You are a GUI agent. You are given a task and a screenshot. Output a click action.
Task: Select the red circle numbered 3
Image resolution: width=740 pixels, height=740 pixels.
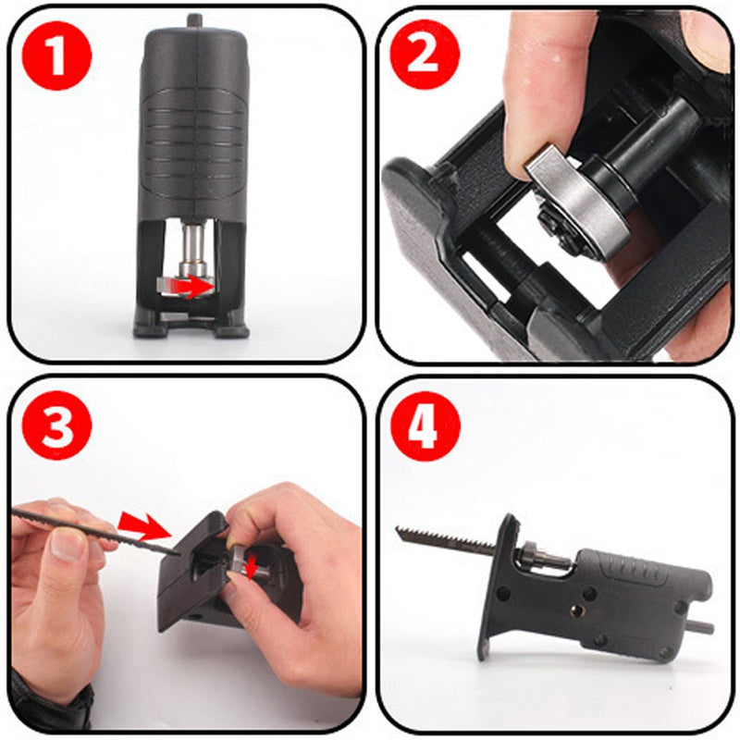tap(56, 426)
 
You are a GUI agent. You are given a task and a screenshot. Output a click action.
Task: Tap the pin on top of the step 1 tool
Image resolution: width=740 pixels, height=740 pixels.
tap(193, 20)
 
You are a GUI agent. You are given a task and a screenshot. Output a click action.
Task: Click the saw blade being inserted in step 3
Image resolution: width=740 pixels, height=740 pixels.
tap(92, 526)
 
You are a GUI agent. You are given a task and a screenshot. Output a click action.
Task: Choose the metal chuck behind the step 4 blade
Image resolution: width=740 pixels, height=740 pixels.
tap(537, 558)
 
